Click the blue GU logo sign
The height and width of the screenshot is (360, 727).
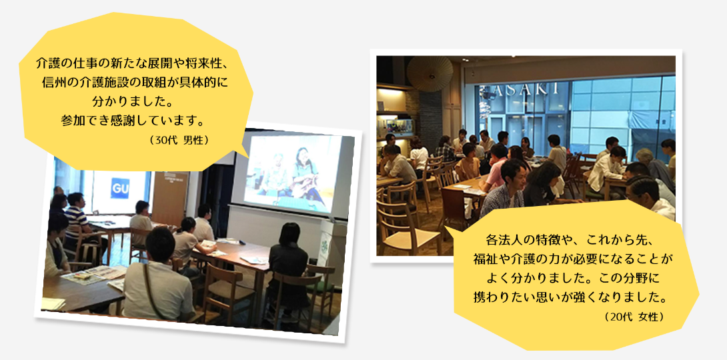[x=119, y=188]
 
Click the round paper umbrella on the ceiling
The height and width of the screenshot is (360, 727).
[x=430, y=73]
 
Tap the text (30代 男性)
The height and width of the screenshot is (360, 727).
[x=179, y=140]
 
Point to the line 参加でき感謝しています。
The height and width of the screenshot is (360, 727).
[x=133, y=120]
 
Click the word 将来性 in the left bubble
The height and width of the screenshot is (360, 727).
[x=200, y=63]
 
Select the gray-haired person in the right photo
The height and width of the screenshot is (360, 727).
[x=654, y=170]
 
